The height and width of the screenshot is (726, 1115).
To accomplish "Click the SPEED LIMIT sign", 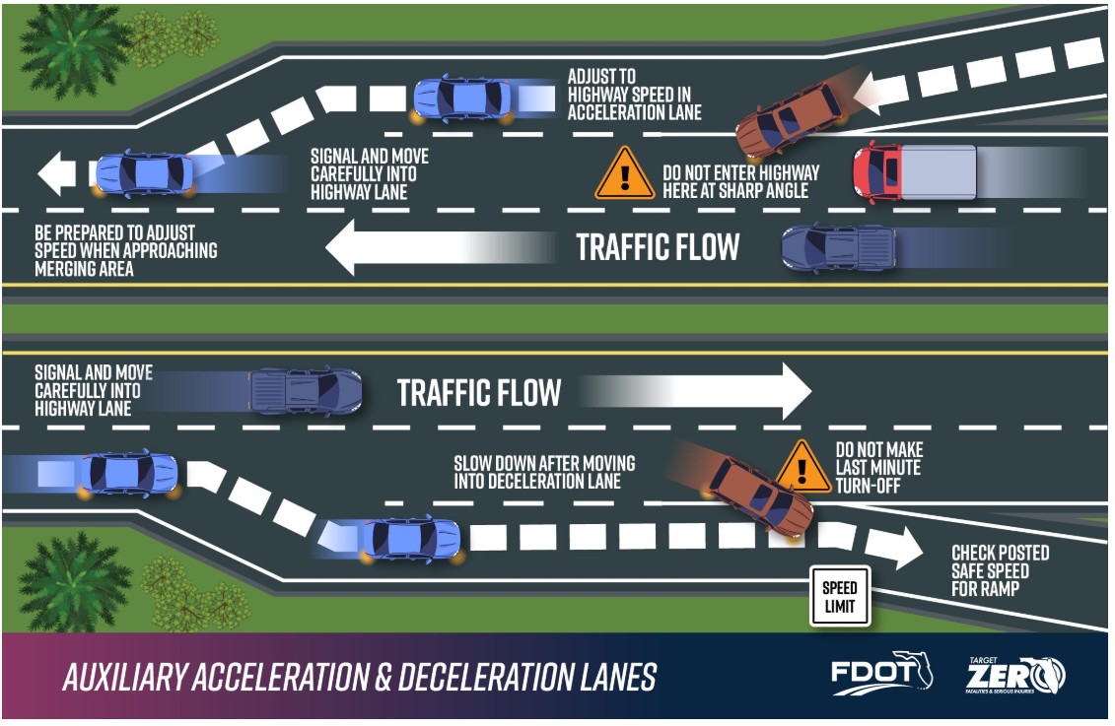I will [x=840, y=595].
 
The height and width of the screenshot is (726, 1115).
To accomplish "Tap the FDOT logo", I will [x=881, y=674].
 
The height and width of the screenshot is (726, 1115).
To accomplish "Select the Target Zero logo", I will [x=1014, y=675].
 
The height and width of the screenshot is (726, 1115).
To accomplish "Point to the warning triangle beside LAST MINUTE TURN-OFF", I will [x=803, y=467].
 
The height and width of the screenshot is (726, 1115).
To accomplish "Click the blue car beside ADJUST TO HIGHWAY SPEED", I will [x=462, y=99].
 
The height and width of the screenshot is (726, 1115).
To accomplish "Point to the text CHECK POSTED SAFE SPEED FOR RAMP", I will [x=999, y=571].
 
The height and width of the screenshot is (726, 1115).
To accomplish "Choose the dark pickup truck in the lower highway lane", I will [x=306, y=391].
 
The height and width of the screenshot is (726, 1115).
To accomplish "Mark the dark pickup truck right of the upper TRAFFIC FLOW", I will [x=838, y=247].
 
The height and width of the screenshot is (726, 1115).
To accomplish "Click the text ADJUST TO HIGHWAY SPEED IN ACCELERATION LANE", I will [x=634, y=95].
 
